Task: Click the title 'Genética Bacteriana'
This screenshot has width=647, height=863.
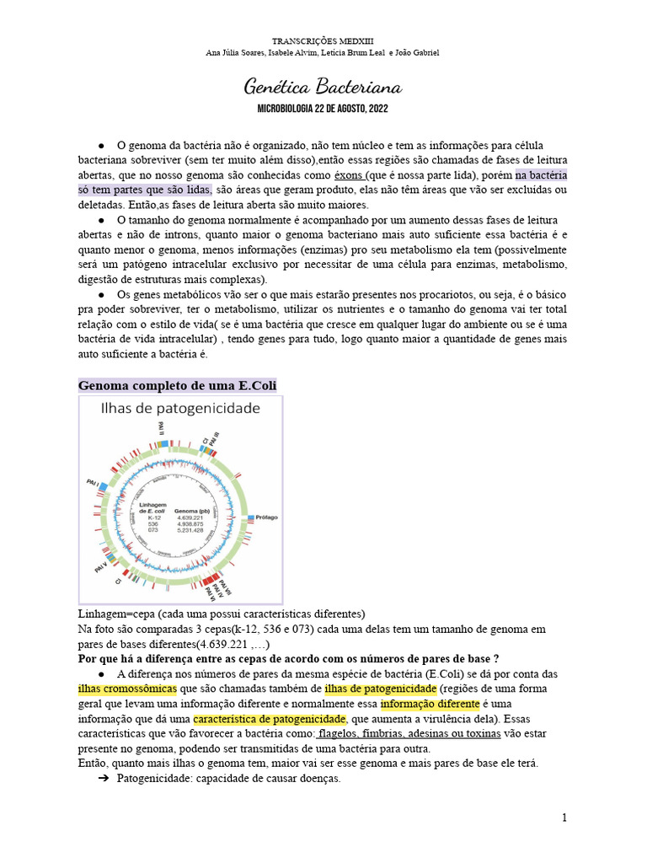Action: (x=323, y=87)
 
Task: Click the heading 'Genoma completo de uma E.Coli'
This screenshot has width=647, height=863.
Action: (x=177, y=385)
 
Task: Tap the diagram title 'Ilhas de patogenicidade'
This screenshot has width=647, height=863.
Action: (x=180, y=409)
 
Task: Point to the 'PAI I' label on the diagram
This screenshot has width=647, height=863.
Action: (x=91, y=483)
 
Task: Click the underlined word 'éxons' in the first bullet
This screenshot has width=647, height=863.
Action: (x=349, y=175)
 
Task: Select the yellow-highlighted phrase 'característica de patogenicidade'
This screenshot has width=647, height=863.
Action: (x=270, y=720)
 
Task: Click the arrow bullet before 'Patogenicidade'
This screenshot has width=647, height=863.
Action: (x=105, y=779)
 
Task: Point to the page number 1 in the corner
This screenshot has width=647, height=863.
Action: (x=564, y=817)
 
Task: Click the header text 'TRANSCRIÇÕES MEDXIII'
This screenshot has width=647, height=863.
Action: (x=323, y=40)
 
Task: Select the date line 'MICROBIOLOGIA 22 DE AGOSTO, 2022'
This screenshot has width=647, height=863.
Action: (x=323, y=110)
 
